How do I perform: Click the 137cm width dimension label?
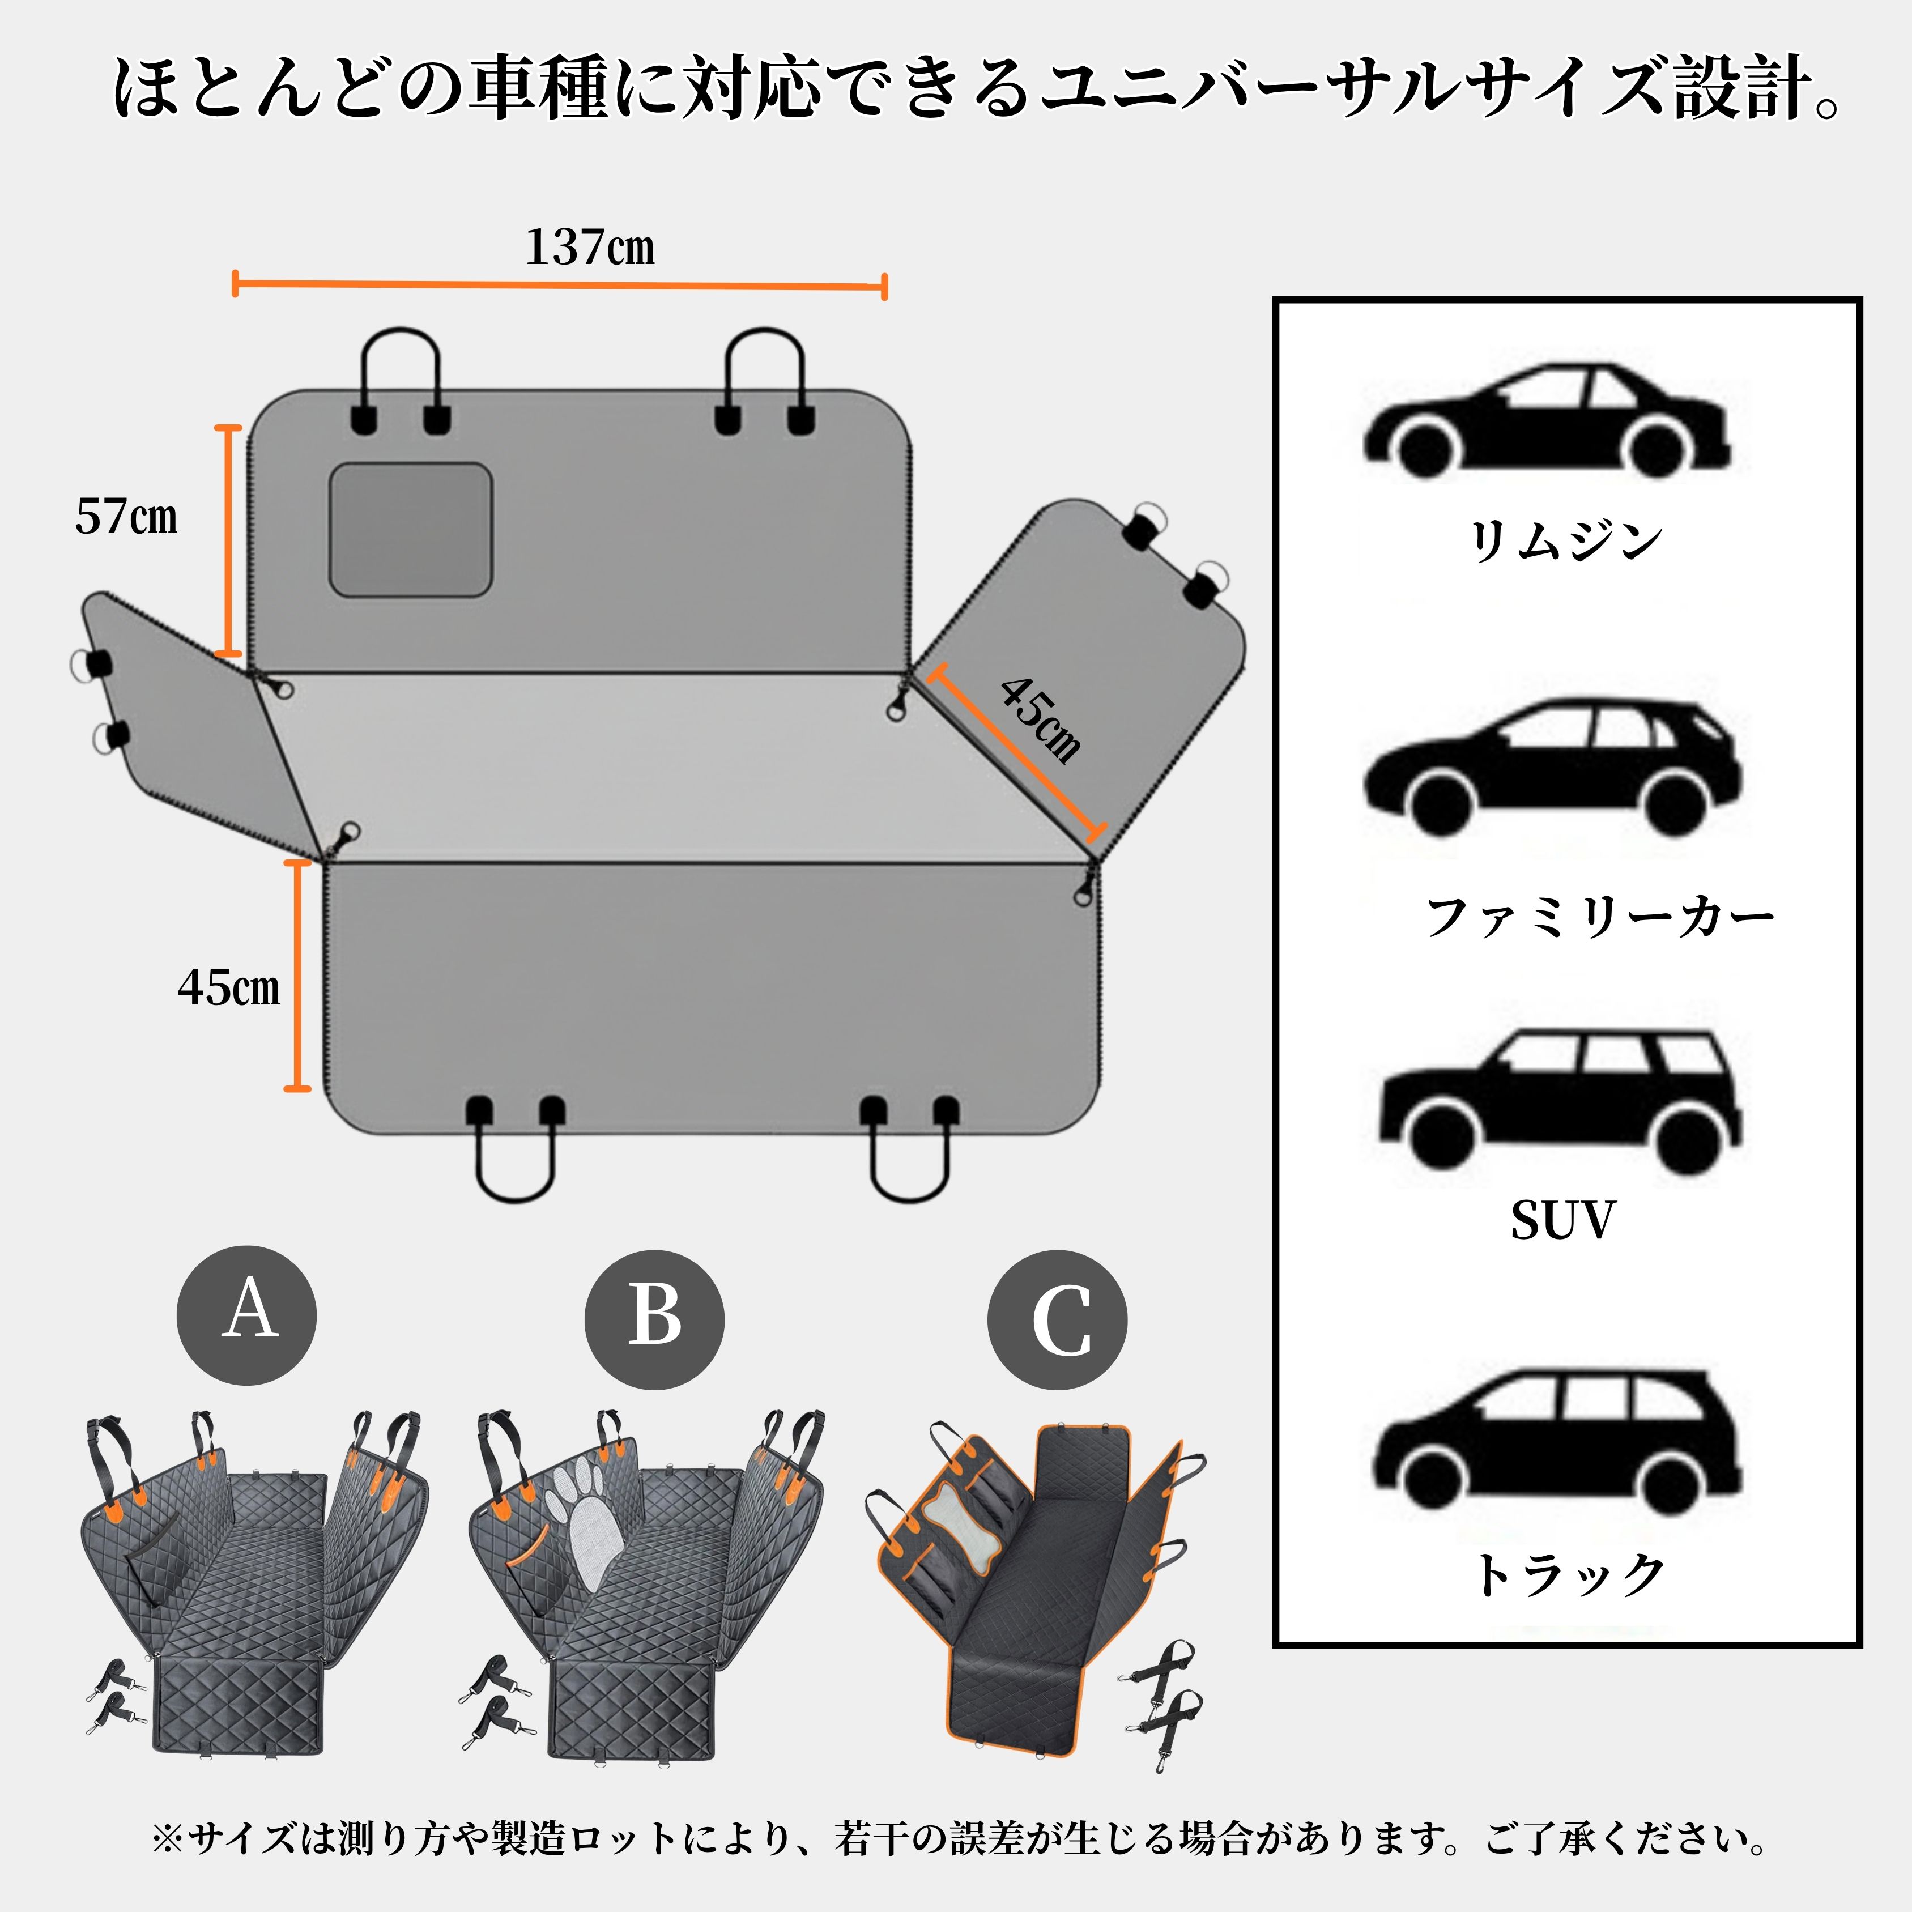coord(590,248)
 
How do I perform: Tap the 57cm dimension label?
coord(127,517)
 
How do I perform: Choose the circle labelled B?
coord(654,1319)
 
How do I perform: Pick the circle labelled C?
coord(1057,1319)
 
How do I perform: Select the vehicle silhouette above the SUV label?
coord(1561,1101)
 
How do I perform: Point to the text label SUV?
coord(1562,1220)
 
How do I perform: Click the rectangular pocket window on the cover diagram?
coord(411,530)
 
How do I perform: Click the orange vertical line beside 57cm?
coord(229,540)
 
